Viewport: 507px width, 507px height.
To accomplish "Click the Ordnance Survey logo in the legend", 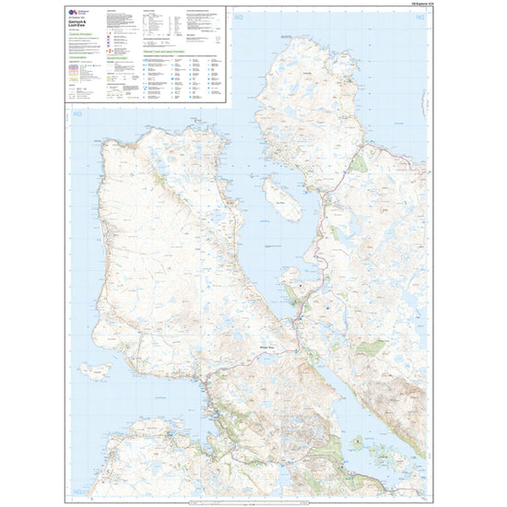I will (x=77, y=13).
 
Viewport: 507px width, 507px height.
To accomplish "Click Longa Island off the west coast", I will (x=93, y=371).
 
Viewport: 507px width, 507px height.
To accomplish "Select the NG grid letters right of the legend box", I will (x=242, y=18).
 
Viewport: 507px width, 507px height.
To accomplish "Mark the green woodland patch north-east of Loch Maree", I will (x=370, y=348).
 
